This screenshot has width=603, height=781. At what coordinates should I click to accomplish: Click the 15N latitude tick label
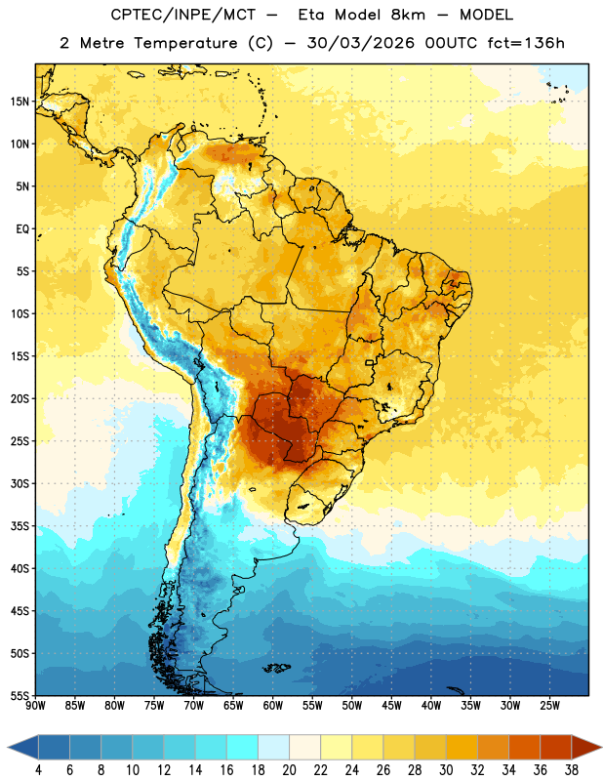coord(20,102)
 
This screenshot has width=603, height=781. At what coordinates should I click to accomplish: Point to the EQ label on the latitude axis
coord(22,229)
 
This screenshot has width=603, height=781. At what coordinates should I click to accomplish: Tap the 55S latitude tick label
coord(20,696)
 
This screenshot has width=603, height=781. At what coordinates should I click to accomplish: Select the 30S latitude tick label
coord(20,483)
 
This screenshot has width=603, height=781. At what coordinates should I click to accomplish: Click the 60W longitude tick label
coord(273,706)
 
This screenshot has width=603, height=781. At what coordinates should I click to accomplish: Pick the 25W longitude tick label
coord(549,706)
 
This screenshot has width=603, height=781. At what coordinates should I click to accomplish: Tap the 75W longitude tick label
coord(154,706)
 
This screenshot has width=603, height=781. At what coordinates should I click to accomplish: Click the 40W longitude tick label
coord(431,706)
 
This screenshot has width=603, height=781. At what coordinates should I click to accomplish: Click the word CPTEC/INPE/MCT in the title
coord(183,15)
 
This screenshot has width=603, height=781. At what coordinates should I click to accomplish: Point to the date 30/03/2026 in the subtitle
coord(360,43)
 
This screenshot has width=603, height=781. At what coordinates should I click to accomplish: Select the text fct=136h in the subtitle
coord(526,43)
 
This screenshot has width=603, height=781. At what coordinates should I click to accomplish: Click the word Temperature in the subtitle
coord(185,44)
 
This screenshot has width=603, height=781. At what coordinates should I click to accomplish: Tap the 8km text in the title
coord(408,15)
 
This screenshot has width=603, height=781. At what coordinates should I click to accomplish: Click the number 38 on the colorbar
coord(572,770)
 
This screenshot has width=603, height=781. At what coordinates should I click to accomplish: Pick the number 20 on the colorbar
coord(289,770)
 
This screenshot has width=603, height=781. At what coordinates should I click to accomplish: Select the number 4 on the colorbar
coord(38,770)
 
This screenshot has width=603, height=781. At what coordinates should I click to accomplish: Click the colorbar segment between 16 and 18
coord(242,747)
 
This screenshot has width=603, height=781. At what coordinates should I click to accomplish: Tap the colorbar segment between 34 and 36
coord(524,747)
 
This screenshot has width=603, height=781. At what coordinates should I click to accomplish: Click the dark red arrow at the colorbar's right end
coord(585,747)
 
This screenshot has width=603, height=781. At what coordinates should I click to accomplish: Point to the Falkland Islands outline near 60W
coord(276,668)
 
